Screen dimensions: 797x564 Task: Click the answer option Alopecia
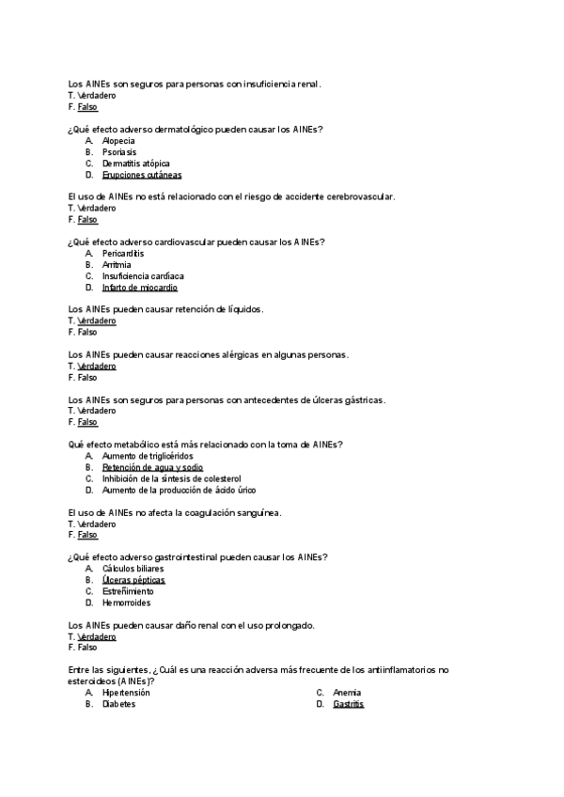tap(118, 140)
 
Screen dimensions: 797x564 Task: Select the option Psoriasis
tap(119, 151)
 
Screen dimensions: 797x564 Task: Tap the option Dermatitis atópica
tap(135, 163)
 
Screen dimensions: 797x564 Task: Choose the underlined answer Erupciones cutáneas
tap(141, 174)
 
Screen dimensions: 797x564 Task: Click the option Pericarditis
tap(123, 253)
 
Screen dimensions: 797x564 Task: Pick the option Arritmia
tap(117, 264)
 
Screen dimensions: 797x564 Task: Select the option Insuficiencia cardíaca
tap(143, 275)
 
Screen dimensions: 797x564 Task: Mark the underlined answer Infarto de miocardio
tap(139, 287)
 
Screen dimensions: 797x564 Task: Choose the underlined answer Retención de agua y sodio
tap(152, 467)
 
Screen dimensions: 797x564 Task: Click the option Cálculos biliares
tap(133, 569)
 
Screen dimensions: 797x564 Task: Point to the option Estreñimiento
tap(128, 591)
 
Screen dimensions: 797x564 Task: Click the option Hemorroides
tap(126, 602)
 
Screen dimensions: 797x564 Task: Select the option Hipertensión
tap(126, 693)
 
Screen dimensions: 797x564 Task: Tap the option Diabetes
tap(118, 704)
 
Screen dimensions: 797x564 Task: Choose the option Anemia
tap(348, 693)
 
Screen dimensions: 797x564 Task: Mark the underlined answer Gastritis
tap(348, 704)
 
